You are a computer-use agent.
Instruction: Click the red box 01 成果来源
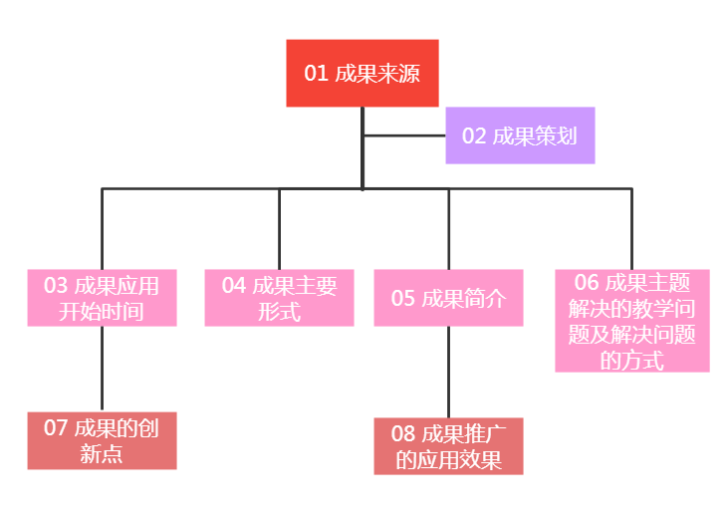(x=362, y=73)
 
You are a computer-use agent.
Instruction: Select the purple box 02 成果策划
(x=520, y=135)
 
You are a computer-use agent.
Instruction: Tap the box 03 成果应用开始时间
(x=102, y=298)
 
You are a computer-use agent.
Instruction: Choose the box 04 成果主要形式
(x=279, y=298)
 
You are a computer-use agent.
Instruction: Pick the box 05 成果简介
(x=448, y=298)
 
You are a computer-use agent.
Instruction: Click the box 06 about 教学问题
(x=631, y=321)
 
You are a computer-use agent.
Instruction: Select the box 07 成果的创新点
(x=102, y=440)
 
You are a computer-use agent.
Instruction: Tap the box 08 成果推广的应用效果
(x=448, y=446)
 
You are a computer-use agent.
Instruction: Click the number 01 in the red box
(x=316, y=74)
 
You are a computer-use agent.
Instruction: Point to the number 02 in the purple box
(x=474, y=136)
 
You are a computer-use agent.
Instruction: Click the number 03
(x=56, y=286)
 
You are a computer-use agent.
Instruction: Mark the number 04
(x=234, y=286)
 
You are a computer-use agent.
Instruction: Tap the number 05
(x=402, y=298)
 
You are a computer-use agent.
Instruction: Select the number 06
(x=588, y=283)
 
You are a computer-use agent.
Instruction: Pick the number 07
(x=56, y=428)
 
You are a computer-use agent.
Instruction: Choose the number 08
(x=402, y=433)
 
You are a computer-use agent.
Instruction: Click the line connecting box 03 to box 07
(x=102, y=369)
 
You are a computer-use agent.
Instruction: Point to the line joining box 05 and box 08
(x=448, y=372)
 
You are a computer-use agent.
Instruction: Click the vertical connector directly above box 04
(x=279, y=228)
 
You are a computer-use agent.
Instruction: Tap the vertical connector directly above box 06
(x=631, y=228)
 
